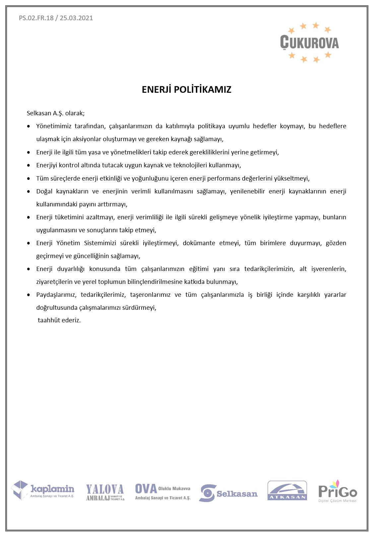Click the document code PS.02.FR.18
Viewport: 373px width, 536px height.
pos(36,18)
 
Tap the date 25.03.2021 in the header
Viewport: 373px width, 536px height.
pos(76,18)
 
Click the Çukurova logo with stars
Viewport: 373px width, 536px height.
pos(309,42)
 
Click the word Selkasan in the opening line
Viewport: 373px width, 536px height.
pos(39,113)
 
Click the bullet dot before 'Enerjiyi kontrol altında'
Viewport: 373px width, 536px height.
pos(29,165)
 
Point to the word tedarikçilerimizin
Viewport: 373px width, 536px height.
pos(269,269)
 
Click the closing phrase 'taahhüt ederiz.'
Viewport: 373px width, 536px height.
pos(59,320)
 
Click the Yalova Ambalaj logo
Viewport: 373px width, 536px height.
pos(105,492)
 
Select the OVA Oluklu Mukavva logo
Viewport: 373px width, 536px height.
pos(162,492)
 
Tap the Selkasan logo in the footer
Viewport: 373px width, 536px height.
pos(229,493)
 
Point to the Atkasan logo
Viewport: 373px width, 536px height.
pos(287,491)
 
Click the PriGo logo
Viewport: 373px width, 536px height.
pos(338,491)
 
